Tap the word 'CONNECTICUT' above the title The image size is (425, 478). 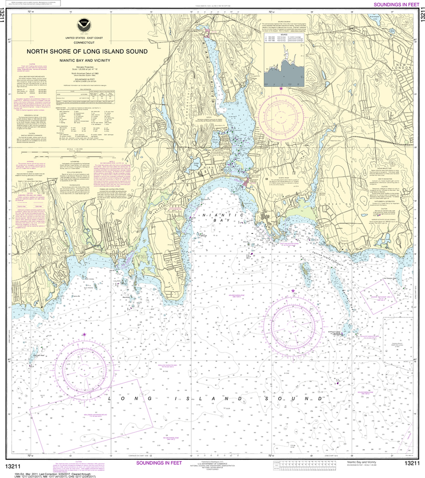tap(84, 42)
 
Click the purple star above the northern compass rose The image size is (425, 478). tap(281, 87)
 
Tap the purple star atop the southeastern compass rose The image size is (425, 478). tap(293, 291)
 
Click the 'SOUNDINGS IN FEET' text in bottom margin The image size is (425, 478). tap(159, 463)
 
